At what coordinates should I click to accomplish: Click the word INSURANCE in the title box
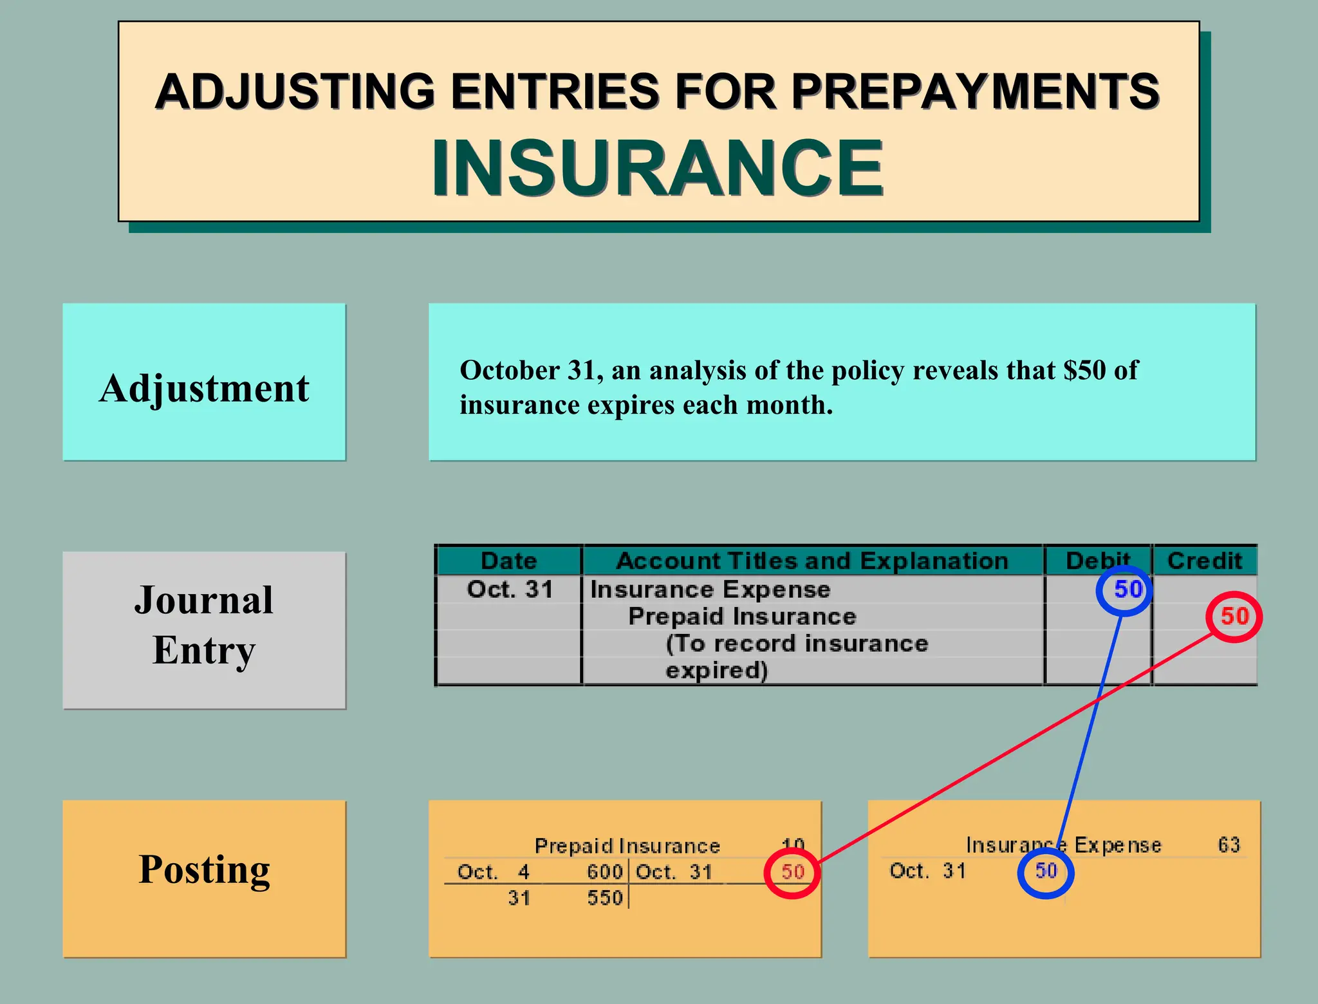(658, 168)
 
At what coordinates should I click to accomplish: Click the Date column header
(508, 561)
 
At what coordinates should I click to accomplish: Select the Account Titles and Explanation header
(812, 561)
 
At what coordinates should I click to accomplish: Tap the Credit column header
(1204, 561)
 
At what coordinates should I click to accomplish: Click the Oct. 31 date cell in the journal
(510, 590)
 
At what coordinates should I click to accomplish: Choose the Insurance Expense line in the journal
(710, 590)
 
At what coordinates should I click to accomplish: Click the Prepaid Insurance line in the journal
(742, 617)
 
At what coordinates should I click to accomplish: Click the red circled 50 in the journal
(1234, 617)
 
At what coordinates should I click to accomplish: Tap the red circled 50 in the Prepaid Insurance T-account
(793, 872)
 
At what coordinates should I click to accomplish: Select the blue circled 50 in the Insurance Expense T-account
(1046, 871)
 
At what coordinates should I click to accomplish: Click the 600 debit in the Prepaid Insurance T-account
(604, 872)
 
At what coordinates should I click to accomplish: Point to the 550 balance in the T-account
(604, 898)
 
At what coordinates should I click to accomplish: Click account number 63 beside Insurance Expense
(1229, 844)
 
